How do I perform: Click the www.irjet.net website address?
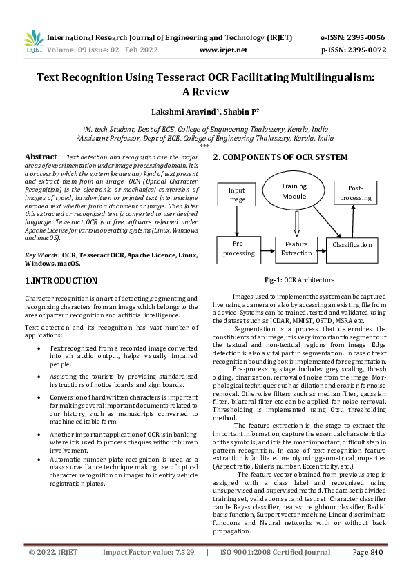click(223, 50)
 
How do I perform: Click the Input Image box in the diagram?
click(237, 195)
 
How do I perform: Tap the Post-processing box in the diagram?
click(356, 193)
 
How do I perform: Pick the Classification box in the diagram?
click(352, 245)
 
